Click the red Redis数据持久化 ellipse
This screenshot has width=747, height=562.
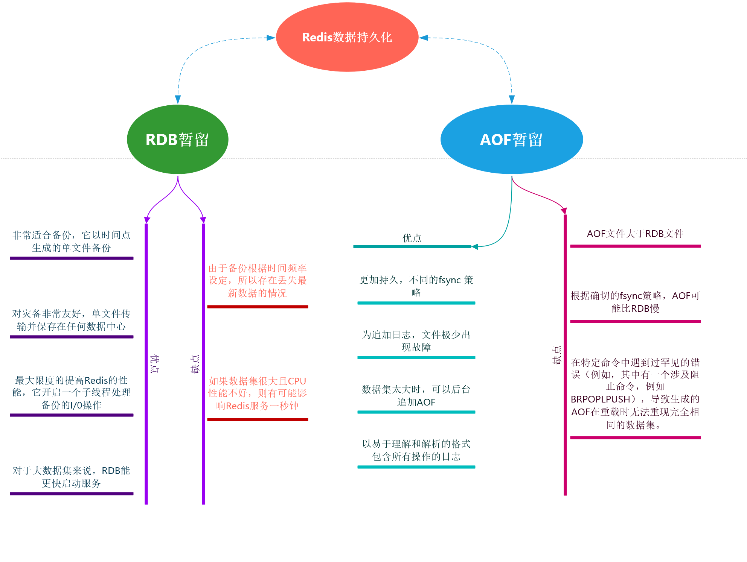(347, 37)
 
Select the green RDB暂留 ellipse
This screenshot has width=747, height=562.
(177, 140)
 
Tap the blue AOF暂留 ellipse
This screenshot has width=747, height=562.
(511, 140)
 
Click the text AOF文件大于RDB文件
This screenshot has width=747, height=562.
(635, 234)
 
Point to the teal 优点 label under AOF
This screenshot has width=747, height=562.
(412, 238)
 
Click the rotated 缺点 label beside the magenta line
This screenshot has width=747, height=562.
(556, 355)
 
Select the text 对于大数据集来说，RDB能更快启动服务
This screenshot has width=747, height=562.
(71, 477)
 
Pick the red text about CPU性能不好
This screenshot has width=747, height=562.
(258, 393)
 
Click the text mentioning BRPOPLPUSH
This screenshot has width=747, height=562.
(635, 393)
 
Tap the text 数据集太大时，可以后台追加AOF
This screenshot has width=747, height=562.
(416, 396)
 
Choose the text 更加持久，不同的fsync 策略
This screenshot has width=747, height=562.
(416, 286)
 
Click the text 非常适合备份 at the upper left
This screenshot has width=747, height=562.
(71, 242)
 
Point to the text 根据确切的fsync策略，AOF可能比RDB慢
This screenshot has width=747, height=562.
(635, 302)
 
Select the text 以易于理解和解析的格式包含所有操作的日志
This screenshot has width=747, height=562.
(416, 450)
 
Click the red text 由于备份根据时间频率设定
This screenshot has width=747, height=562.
(258, 281)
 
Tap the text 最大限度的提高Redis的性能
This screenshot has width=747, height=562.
(71, 393)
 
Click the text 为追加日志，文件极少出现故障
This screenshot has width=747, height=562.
(416, 341)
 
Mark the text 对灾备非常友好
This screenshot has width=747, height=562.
(71, 320)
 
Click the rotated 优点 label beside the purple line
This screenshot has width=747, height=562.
(154, 363)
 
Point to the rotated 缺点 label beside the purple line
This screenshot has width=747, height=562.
(195, 363)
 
